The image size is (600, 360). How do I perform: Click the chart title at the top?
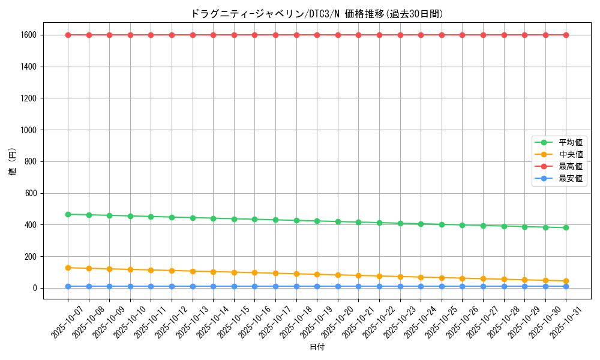pyautogui.click(x=317, y=13)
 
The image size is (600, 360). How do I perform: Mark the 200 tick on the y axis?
pyautogui.click(x=30, y=257)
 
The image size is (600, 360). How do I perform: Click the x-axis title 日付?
pyautogui.click(x=317, y=347)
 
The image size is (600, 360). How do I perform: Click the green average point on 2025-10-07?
pyautogui.click(x=68, y=214)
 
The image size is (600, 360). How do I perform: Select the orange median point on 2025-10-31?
pyautogui.click(x=566, y=281)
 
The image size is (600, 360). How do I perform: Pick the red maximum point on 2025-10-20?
pyautogui.click(x=338, y=35)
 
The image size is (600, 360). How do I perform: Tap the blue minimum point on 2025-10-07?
pyautogui.click(x=68, y=286)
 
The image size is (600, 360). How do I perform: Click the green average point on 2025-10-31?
pyautogui.click(x=566, y=227)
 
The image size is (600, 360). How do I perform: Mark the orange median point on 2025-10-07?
pyautogui.click(x=68, y=268)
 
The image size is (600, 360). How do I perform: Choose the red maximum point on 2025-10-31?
pyautogui.click(x=566, y=35)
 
